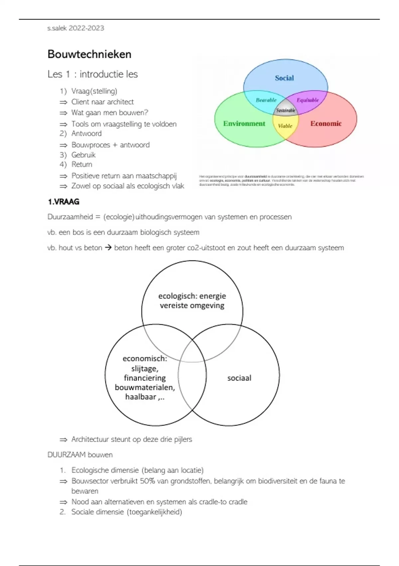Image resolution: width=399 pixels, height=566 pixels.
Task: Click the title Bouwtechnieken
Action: (x=89, y=54)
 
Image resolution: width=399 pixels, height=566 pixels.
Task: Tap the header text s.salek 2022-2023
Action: (x=75, y=28)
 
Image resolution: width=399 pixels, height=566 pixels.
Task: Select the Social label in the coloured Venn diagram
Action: (x=284, y=78)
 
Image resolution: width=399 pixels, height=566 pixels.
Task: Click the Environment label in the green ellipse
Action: (x=244, y=124)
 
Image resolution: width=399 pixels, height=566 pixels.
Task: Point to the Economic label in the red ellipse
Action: (x=326, y=124)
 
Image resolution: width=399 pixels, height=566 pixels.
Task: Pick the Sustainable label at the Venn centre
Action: (x=286, y=110)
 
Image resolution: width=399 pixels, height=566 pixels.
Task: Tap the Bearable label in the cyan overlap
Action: (x=266, y=100)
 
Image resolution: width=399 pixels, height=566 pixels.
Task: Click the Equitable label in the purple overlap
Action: (x=308, y=100)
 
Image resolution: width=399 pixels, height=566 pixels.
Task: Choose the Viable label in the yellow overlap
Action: (x=285, y=126)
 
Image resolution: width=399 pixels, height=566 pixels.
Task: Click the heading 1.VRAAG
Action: (x=64, y=202)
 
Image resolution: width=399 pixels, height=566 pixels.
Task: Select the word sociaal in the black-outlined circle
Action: (x=239, y=378)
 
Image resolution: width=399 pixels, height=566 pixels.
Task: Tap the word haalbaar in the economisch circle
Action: (x=141, y=397)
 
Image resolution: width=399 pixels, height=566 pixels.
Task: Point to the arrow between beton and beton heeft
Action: (x=108, y=248)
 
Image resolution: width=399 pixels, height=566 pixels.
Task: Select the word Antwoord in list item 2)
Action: (x=86, y=134)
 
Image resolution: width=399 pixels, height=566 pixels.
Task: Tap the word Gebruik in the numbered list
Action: (x=83, y=155)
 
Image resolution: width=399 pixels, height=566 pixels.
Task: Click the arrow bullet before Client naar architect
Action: (x=63, y=102)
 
